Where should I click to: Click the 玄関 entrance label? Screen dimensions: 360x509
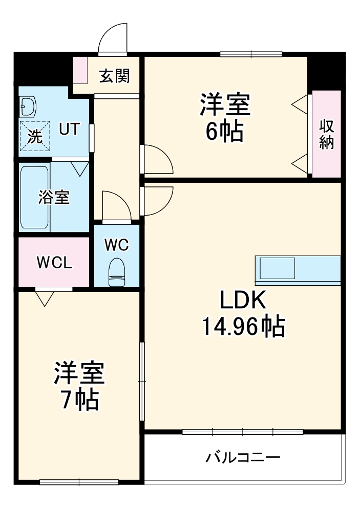(115, 76)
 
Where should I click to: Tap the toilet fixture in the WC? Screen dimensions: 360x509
(117, 272)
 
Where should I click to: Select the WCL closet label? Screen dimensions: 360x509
(54, 263)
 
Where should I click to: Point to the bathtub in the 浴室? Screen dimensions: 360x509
(34, 197)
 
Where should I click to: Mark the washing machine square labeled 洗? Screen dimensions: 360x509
(35, 136)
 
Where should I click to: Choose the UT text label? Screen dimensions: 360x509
(69, 129)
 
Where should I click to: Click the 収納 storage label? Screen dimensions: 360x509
(326, 134)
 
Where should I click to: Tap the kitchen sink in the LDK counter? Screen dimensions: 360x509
(277, 268)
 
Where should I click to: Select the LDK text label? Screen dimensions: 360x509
(243, 300)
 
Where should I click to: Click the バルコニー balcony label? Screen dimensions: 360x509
(243, 458)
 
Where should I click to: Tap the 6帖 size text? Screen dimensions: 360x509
(225, 131)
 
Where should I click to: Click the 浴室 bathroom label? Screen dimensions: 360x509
(54, 197)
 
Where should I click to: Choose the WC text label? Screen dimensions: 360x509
(117, 245)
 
